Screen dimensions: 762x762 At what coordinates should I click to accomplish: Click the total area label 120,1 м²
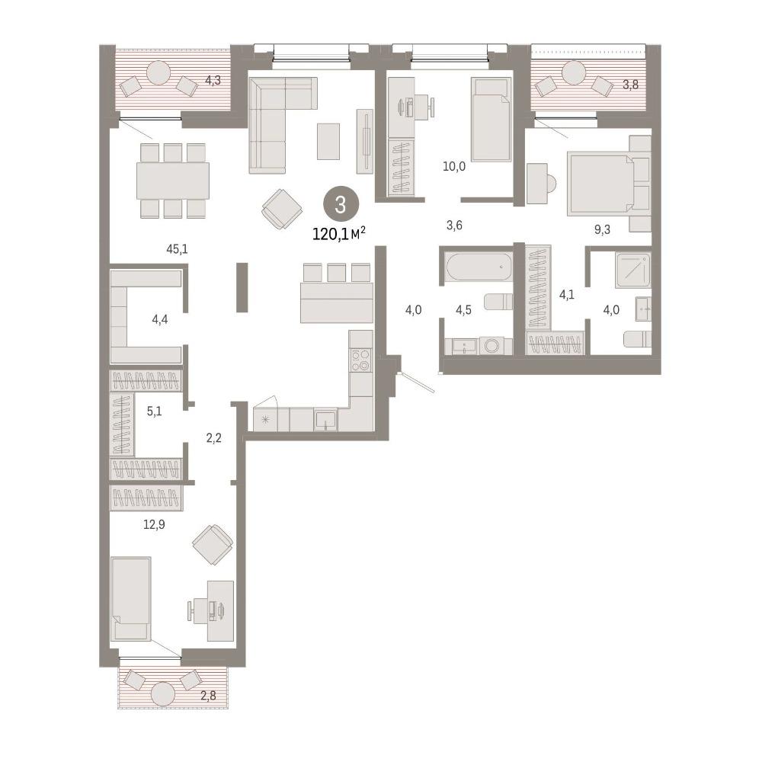(339, 234)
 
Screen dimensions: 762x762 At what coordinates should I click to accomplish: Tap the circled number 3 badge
(341, 204)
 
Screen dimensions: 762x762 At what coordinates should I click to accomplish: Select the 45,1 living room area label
(177, 249)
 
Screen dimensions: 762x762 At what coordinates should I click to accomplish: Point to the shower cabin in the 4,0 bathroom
(632, 269)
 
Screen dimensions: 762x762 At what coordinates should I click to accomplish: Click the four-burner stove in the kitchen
(360, 360)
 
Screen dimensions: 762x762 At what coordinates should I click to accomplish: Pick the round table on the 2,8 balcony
(163, 693)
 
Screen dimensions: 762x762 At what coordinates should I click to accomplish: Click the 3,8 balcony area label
(631, 85)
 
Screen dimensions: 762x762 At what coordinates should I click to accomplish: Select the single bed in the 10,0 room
(491, 119)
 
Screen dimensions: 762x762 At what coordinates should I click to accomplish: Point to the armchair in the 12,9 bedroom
(213, 544)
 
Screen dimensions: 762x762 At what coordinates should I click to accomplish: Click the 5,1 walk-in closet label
(154, 411)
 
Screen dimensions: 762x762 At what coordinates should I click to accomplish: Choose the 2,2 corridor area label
(214, 438)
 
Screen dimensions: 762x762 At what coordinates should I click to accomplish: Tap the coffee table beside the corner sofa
(328, 141)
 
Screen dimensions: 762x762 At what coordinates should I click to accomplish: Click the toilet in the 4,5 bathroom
(499, 301)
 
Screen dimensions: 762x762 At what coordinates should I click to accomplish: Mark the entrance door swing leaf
(417, 382)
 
